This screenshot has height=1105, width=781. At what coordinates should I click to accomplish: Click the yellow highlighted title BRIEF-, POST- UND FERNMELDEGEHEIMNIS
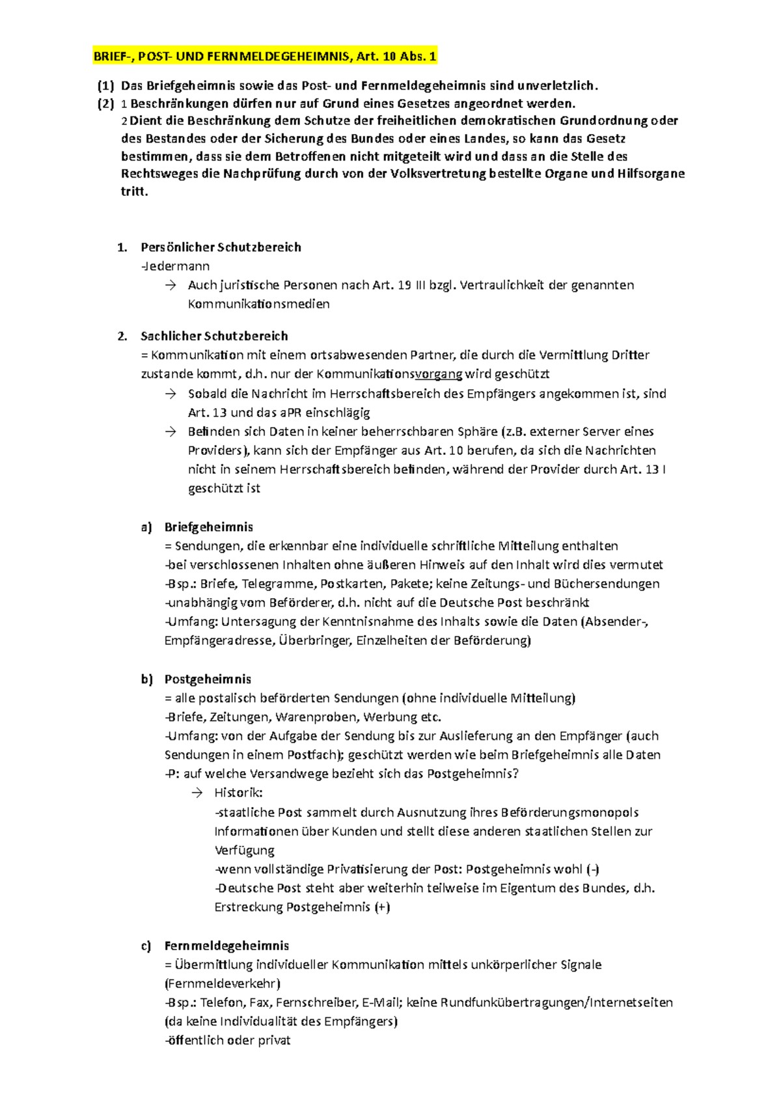point(265,57)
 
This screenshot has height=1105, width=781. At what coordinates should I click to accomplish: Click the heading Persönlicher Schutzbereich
point(221,247)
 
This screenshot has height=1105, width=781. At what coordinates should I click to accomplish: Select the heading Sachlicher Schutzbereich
point(214,336)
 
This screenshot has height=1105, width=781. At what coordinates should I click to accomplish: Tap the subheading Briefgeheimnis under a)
point(208,527)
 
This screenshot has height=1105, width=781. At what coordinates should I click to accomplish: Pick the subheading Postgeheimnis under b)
point(208,679)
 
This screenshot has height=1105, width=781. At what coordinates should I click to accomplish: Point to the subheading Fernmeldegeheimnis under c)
point(226,946)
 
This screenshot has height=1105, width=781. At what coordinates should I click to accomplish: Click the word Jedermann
point(176,266)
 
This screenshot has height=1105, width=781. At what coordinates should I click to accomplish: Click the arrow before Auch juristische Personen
point(171,285)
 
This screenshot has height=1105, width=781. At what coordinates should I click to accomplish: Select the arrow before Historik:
point(197,793)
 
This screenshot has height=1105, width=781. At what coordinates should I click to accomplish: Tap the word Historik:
point(238,793)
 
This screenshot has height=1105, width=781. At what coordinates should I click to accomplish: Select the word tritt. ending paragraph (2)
point(135,191)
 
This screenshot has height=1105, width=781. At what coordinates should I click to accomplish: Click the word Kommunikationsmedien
point(258,304)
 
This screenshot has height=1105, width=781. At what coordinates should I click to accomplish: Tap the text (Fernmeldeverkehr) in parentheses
point(223,983)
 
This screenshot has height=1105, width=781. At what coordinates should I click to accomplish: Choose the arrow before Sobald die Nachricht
point(171,394)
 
